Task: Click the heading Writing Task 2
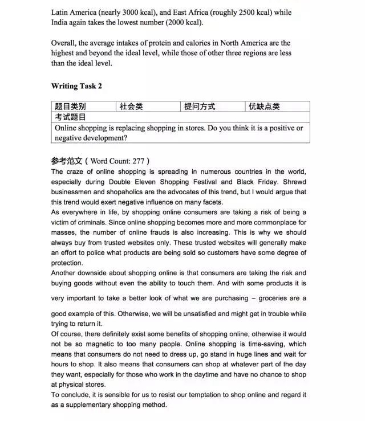76,87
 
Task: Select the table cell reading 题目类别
70,107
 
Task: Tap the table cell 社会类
131,107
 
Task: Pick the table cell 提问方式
200,107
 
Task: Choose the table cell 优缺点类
265,107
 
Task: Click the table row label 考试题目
70,117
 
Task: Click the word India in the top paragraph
61,22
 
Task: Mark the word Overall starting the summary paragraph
64,43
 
